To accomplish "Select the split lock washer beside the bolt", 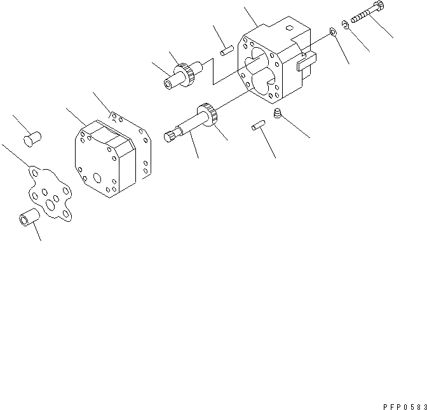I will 344,26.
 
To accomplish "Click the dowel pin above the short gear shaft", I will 224,50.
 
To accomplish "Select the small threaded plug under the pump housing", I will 276,114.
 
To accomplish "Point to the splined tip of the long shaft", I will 170,135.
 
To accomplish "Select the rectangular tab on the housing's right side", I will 305,60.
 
